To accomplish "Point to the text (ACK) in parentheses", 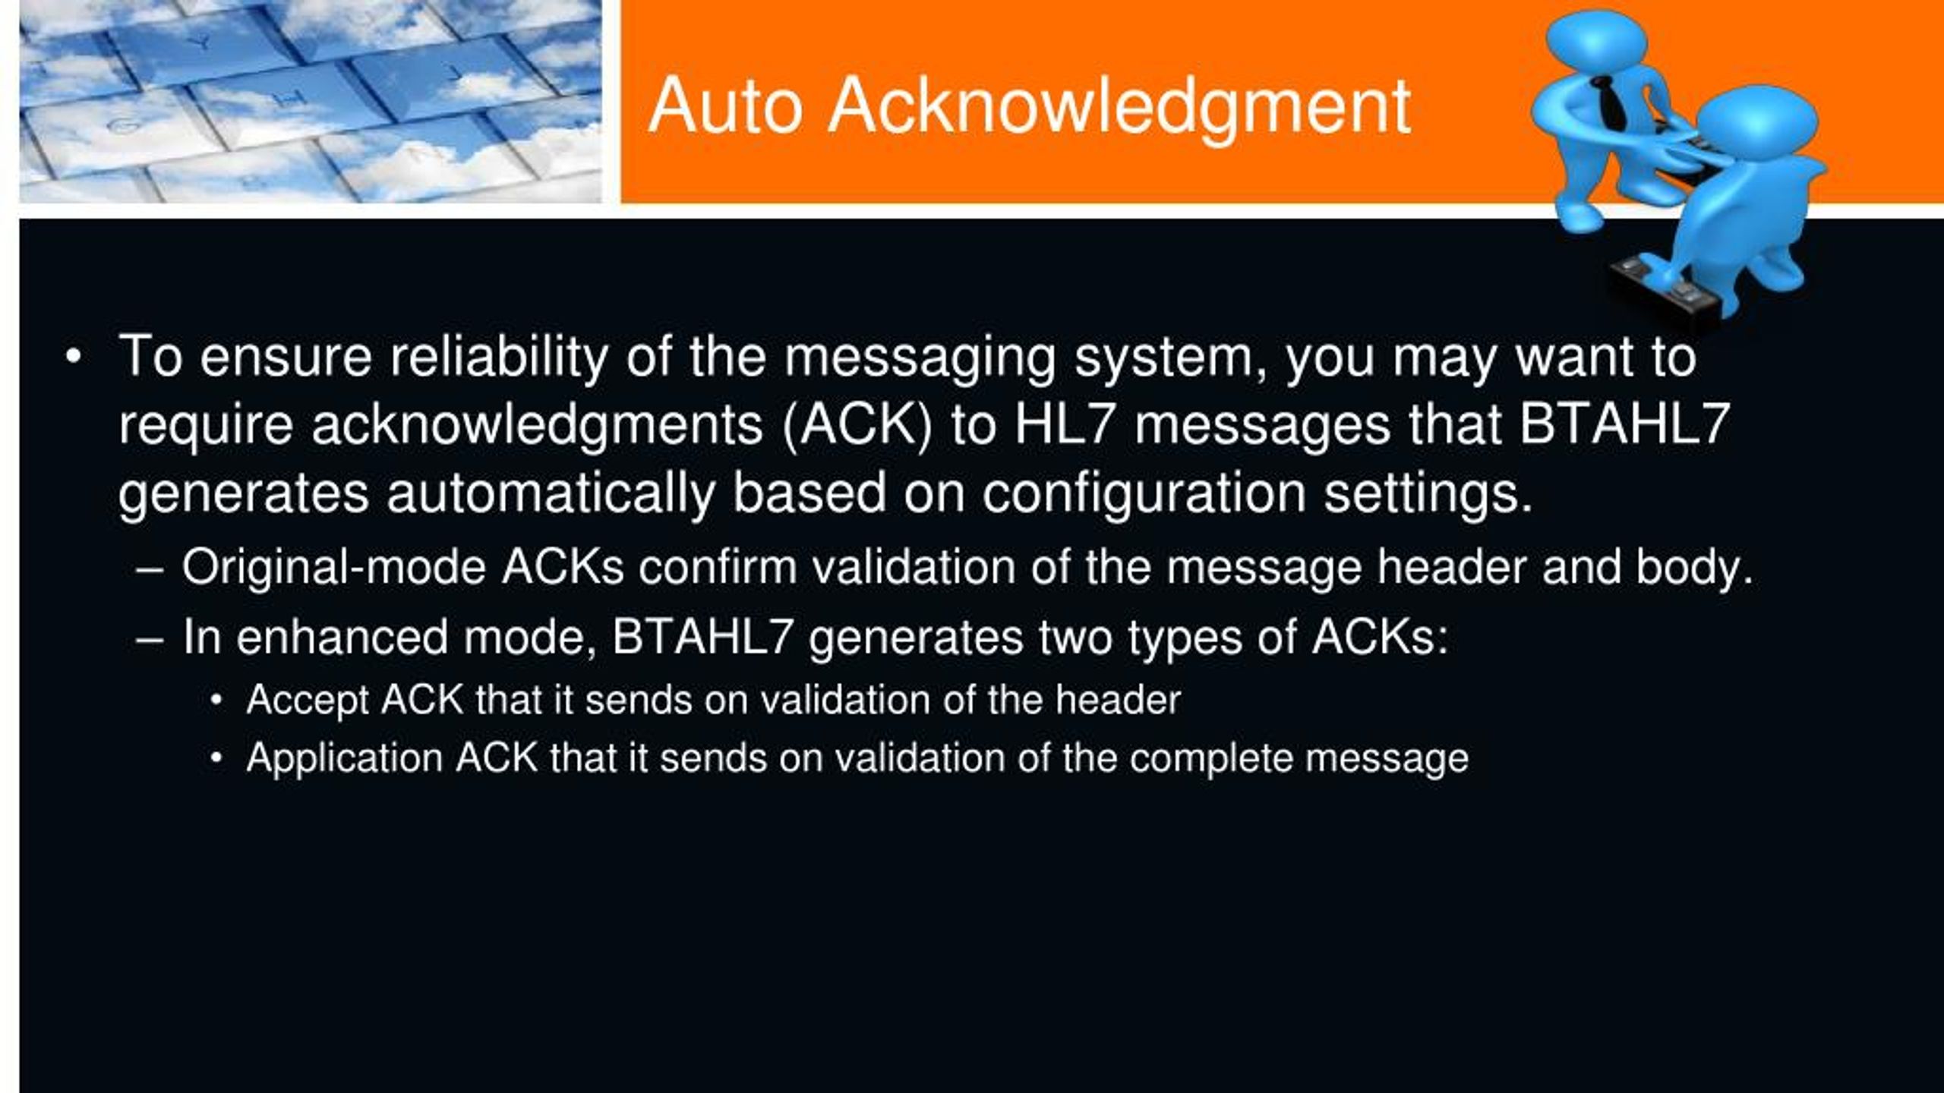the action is pos(857,425).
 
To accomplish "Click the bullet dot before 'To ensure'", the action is pos(73,357).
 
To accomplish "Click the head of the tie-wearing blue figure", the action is pos(1595,42).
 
